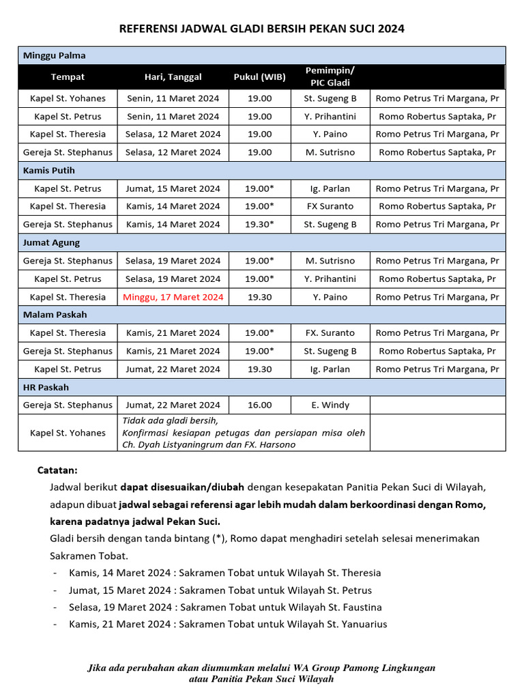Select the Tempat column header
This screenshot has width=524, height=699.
[68, 76]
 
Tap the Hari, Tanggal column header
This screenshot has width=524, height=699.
[173, 76]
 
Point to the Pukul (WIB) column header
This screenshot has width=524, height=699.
[259, 76]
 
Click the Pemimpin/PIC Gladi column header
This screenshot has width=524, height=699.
[330, 76]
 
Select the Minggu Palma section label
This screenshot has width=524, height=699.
[55, 55]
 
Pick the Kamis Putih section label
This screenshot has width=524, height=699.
[49, 170]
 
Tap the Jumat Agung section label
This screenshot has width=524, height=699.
[52, 242]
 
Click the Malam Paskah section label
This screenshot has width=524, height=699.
[55, 315]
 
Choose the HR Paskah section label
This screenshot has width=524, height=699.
[46, 387]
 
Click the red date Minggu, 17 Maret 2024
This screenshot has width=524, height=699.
[173, 297]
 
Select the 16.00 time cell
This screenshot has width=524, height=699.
[259, 405]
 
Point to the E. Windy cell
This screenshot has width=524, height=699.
[330, 405]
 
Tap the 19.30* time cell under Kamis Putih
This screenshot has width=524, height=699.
[259, 224]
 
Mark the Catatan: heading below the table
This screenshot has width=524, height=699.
[57, 470]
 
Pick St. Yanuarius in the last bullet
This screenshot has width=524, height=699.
[356, 624]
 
